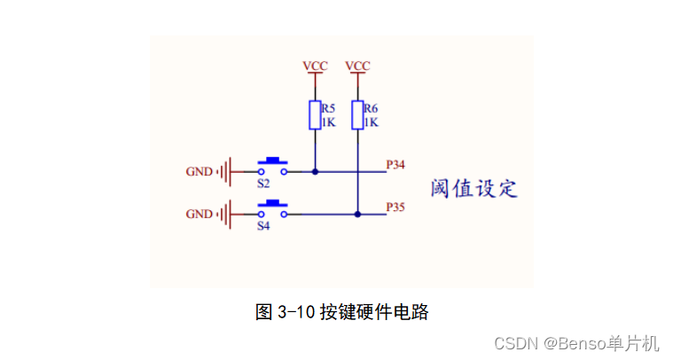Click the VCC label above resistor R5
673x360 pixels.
coord(315,67)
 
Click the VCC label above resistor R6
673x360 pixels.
coord(357,67)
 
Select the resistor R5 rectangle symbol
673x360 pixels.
coord(315,114)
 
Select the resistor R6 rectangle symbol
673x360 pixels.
coord(357,114)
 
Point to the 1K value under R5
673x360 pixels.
coord(328,122)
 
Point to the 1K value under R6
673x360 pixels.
coord(371,122)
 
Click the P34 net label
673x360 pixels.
coord(395,165)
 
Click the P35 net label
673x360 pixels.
coord(395,207)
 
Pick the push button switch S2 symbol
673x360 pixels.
coord(272,166)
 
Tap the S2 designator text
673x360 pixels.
coord(263,184)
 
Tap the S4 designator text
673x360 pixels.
coord(263,226)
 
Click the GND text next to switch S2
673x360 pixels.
coord(200,171)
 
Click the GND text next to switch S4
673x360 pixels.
coord(200,214)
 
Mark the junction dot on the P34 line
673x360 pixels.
coord(315,171)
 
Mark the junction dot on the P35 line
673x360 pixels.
coord(357,214)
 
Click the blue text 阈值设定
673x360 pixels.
coord(473,189)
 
